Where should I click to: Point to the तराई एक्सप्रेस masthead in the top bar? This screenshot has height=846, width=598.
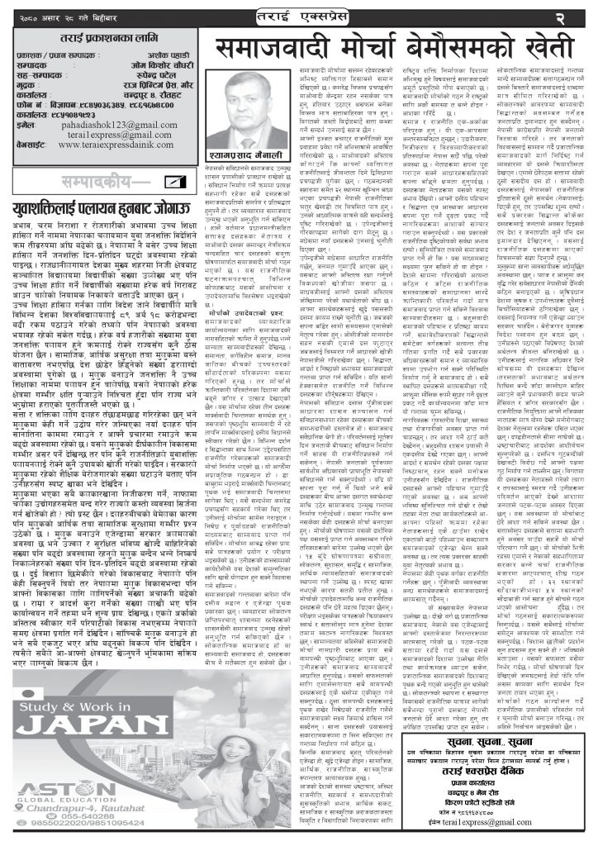click(299, 15)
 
